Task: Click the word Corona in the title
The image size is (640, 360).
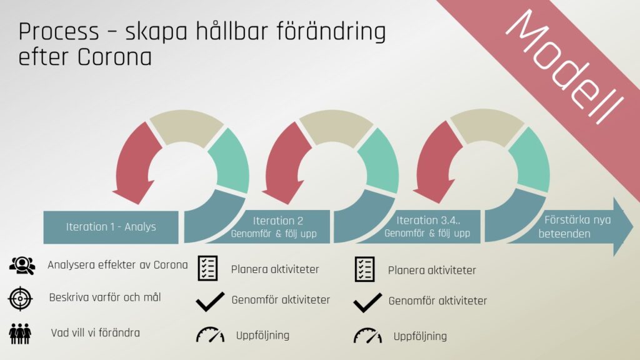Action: click(x=115, y=57)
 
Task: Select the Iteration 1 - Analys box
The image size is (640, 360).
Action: click(x=111, y=227)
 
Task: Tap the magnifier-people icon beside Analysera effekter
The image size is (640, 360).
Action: click(x=22, y=265)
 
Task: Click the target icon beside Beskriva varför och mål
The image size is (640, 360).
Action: click(x=20, y=298)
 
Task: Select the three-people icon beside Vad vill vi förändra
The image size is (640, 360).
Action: click(x=20, y=334)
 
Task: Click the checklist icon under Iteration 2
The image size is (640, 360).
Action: click(x=207, y=268)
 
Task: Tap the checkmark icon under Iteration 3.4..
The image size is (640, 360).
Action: click(x=367, y=302)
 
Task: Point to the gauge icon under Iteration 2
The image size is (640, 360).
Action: click(x=210, y=334)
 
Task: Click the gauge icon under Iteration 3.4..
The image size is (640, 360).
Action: click(x=367, y=335)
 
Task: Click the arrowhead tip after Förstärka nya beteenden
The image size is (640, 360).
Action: click(x=634, y=227)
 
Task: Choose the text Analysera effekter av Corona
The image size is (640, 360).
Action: click(x=117, y=265)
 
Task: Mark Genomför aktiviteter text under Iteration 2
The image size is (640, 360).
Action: click(x=281, y=300)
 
